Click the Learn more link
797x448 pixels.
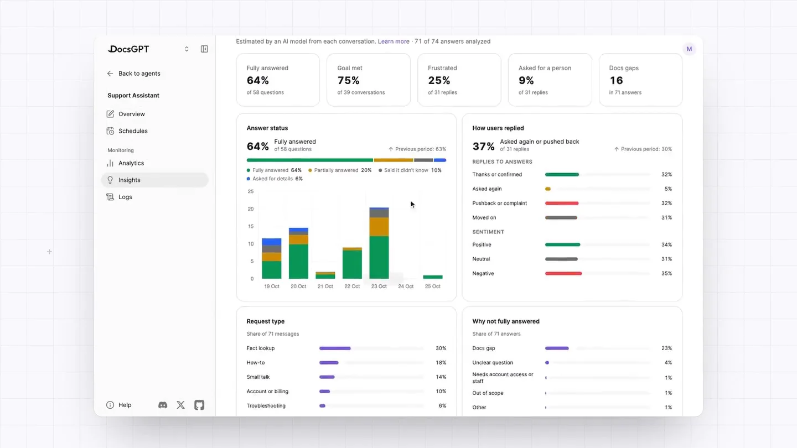(x=394, y=41)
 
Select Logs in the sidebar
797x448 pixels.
(x=125, y=197)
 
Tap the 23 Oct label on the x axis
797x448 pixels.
(x=379, y=286)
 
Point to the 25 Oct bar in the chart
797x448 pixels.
(x=433, y=277)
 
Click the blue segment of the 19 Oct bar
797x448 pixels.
(x=271, y=242)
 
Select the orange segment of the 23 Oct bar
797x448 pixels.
(x=379, y=227)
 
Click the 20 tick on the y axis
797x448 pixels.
(x=251, y=209)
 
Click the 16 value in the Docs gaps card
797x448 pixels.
(x=616, y=80)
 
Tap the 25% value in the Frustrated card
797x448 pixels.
(x=439, y=80)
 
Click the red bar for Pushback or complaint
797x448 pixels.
(x=562, y=204)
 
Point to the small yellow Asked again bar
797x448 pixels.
(x=548, y=189)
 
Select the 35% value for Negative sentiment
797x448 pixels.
(x=666, y=273)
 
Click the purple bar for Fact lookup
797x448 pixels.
(x=335, y=348)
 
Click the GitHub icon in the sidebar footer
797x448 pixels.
(x=199, y=405)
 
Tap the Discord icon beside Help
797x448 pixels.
(x=163, y=405)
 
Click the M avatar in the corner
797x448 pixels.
(x=689, y=49)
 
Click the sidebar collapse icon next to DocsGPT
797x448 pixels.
(x=204, y=49)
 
